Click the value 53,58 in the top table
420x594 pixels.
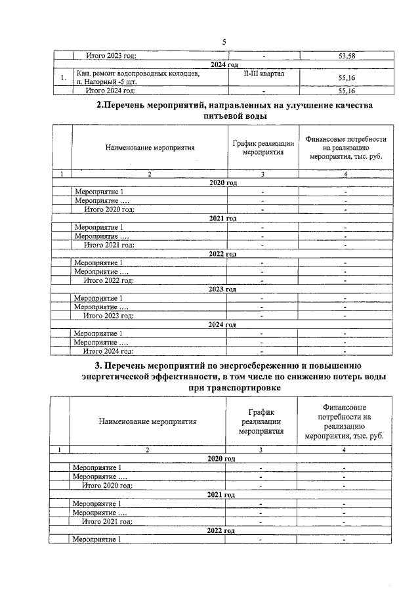346,56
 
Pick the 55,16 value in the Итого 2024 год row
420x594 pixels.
346,91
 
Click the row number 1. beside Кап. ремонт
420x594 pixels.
62,78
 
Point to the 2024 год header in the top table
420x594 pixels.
224,65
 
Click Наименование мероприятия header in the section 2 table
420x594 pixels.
150,148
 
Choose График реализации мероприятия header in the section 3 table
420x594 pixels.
261,421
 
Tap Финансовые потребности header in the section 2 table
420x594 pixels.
346,148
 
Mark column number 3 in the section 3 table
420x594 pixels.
261,450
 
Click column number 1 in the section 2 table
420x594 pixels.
62,174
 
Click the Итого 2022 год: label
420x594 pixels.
108,280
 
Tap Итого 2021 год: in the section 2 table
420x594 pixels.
109,245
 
